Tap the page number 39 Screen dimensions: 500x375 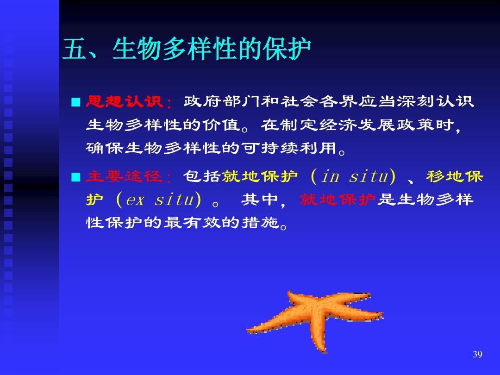point(477,354)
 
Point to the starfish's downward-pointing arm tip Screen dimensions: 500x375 point(325,352)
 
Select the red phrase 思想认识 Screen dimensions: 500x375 point(125,102)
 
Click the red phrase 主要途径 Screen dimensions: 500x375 point(125,176)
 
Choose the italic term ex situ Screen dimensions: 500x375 point(160,200)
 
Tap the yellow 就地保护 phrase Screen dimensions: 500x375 point(260,176)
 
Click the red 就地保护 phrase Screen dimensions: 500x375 point(338,200)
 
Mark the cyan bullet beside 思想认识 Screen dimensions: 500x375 point(76,102)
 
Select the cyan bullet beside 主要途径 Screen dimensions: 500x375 point(76,177)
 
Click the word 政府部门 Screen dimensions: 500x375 point(222,102)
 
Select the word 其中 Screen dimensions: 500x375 point(260,200)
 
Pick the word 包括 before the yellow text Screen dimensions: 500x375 point(202,176)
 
